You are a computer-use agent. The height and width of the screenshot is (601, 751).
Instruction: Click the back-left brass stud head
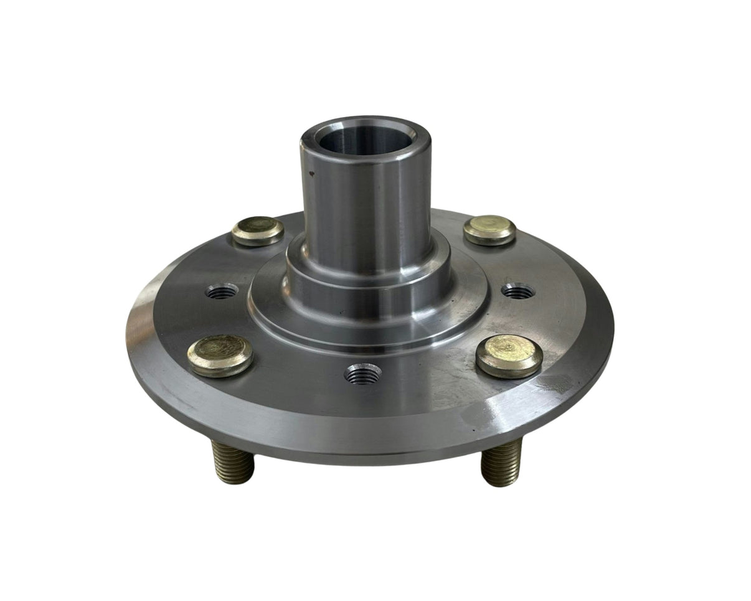258,230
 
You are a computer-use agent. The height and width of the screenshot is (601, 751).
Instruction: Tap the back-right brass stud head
489,230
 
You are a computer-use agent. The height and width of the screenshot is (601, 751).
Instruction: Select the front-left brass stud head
220,356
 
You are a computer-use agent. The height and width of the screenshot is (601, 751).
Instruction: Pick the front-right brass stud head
509,356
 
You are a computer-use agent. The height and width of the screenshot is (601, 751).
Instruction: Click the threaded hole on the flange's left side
222,291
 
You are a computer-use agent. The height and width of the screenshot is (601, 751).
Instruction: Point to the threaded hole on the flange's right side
518,290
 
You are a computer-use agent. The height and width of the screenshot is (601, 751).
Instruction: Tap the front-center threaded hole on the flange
362,374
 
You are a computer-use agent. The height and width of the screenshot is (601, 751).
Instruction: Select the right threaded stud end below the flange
502,462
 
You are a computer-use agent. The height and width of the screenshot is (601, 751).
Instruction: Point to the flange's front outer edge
367,445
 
